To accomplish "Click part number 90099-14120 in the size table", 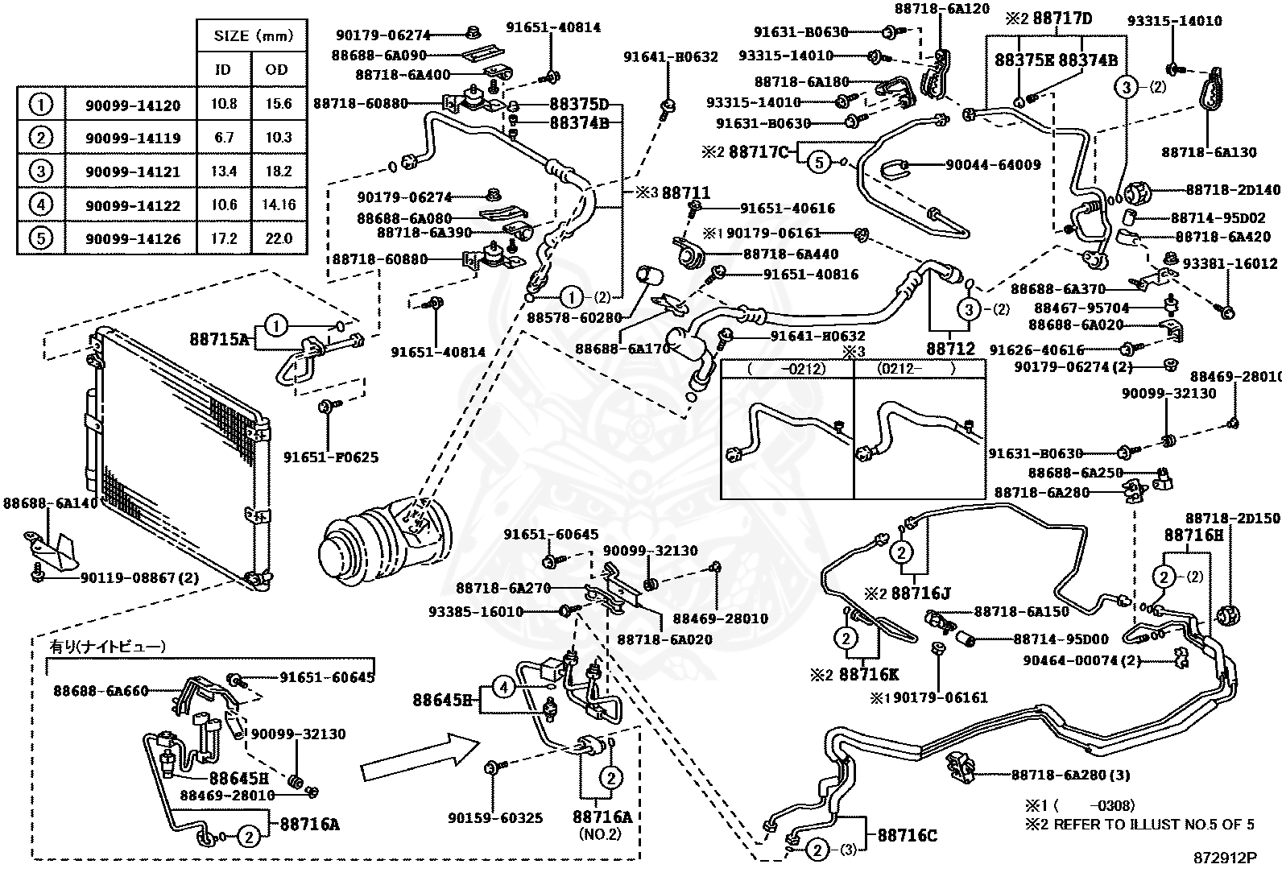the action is click(133, 105).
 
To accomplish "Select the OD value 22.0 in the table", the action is click(279, 238).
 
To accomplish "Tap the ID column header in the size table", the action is click(222, 70).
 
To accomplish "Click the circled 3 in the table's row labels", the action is click(40, 171).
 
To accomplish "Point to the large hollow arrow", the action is click(420, 757).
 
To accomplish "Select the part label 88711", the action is click(685, 193).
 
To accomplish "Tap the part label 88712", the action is click(950, 349).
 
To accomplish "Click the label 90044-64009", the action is click(993, 165).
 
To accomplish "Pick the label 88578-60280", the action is click(574, 317).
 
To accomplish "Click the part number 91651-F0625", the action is click(331, 457).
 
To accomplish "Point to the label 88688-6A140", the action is click(51, 503).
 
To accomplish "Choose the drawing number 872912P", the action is click(1225, 858).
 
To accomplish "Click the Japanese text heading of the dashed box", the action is click(108, 647).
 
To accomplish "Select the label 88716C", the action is click(907, 836).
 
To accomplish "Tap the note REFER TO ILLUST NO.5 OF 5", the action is click(1154, 825).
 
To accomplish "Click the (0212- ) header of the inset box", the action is click(916, 369).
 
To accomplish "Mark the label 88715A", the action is click(220, 340).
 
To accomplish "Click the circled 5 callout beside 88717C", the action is click(819, 163).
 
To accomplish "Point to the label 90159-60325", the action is click(495, 818).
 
